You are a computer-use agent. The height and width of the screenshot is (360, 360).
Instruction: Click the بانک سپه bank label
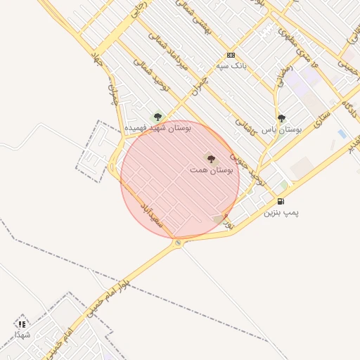pos(231,65)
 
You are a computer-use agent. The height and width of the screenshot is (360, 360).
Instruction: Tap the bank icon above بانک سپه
pos(231,55)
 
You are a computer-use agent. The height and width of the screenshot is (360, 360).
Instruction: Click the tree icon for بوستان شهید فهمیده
pos(157,117)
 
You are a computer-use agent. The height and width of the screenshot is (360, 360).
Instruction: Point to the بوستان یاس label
pos(282,130)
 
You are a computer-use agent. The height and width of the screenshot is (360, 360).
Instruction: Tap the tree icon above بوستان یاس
pos(281,119)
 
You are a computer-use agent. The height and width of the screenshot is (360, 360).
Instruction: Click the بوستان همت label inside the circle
pos(212,170)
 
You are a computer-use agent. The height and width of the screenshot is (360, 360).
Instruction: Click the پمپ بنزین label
pos(281,212)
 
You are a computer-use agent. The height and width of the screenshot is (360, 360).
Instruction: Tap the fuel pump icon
pos(281,201)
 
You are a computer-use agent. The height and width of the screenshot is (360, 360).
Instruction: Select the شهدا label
pos(22,335)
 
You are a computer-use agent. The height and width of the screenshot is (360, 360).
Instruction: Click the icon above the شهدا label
pos(22,324)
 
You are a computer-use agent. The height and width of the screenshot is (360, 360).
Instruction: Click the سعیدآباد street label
pos(150,212)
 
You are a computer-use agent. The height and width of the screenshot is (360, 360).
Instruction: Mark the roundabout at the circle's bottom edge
pos(178,243)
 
